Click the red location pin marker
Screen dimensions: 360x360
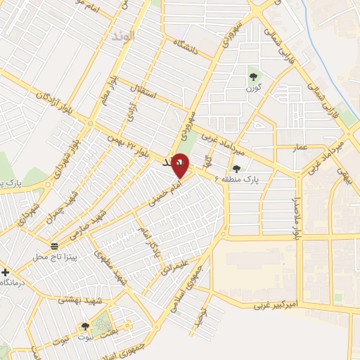coord(180,165)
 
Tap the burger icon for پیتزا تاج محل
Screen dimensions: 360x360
coord(54,246)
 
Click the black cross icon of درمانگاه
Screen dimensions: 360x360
coord(6,271)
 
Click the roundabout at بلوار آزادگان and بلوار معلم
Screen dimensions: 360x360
coord(90,122)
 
